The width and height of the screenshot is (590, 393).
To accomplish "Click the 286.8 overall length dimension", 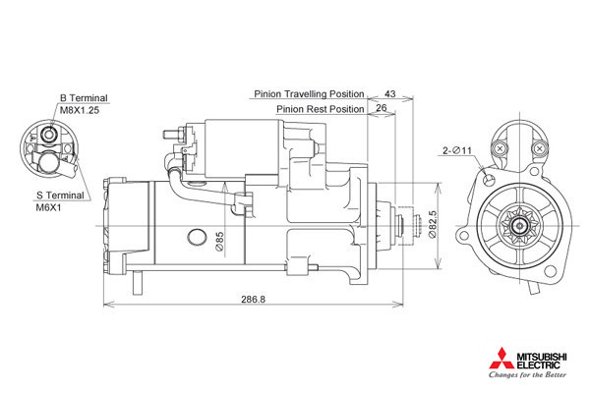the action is click(253, 299).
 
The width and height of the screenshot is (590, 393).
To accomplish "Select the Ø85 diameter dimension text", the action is click(219, 241).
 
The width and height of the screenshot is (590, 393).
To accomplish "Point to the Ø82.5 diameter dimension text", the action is click(433, 224).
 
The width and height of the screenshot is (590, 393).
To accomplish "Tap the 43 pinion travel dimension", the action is click(390, 93).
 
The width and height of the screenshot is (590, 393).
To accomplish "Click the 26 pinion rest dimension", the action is click(382, 108).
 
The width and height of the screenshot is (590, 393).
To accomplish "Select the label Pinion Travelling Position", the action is click(309, 93).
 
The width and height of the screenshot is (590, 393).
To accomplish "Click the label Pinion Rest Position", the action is click(321, 109).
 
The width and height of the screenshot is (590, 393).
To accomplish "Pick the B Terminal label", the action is click(84, 98).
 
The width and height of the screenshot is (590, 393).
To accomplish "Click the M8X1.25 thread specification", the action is click(80, 110).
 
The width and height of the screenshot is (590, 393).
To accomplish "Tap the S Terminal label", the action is click(60, 196).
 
